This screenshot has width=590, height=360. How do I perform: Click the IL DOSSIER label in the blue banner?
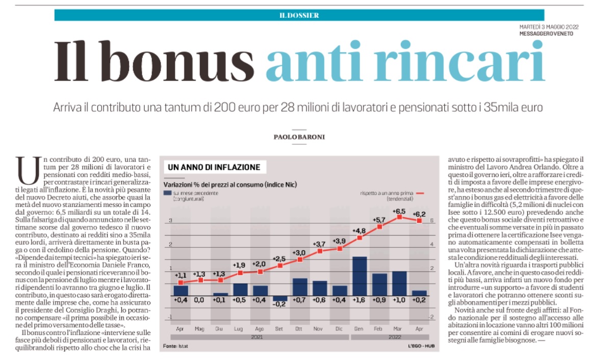pyautogui.click(x=299, y=15)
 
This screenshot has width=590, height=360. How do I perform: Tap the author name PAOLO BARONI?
pyautogui.click(x=299, y=137)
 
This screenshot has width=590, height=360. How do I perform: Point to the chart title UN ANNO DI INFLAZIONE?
pyautogui.click(x=214, y=167)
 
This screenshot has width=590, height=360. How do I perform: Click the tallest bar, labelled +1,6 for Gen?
pyautogui.click(x=360, y=276)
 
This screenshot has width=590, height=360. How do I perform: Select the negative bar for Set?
pyautogui.click(x=279, y=298)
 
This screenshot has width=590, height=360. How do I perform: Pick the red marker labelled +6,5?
pyautogui.click(x=400, y=217)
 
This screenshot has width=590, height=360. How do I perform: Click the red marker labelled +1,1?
pyautogui.click(x=181, y=282)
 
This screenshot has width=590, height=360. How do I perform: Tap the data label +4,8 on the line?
pyautogui.click(x=358, y=231)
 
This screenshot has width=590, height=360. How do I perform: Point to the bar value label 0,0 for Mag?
pyautogui.click(x=199, y=300)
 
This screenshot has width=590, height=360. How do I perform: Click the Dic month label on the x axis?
pyautogui.click(x=339, y=329)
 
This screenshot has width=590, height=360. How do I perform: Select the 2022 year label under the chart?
pyautogui.click(x=395, y=337)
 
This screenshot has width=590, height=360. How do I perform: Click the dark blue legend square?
pyautogui.click(x=167, y=193)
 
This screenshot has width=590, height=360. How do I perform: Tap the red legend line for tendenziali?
pyautogui.click(x=420, y=193)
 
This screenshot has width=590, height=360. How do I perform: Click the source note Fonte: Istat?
pyautogui.click(x=175, y=346)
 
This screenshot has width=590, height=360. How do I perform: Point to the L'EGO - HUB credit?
pyautogui.click(x=421, y=346)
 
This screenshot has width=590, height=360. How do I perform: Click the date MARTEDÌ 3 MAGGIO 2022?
pyautogui.click(x=549, y=27)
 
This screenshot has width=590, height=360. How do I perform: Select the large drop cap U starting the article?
pyautogui.click(x=28, y=170)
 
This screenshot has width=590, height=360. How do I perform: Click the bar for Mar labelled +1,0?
pyautogui.click(x=399, y=284)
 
